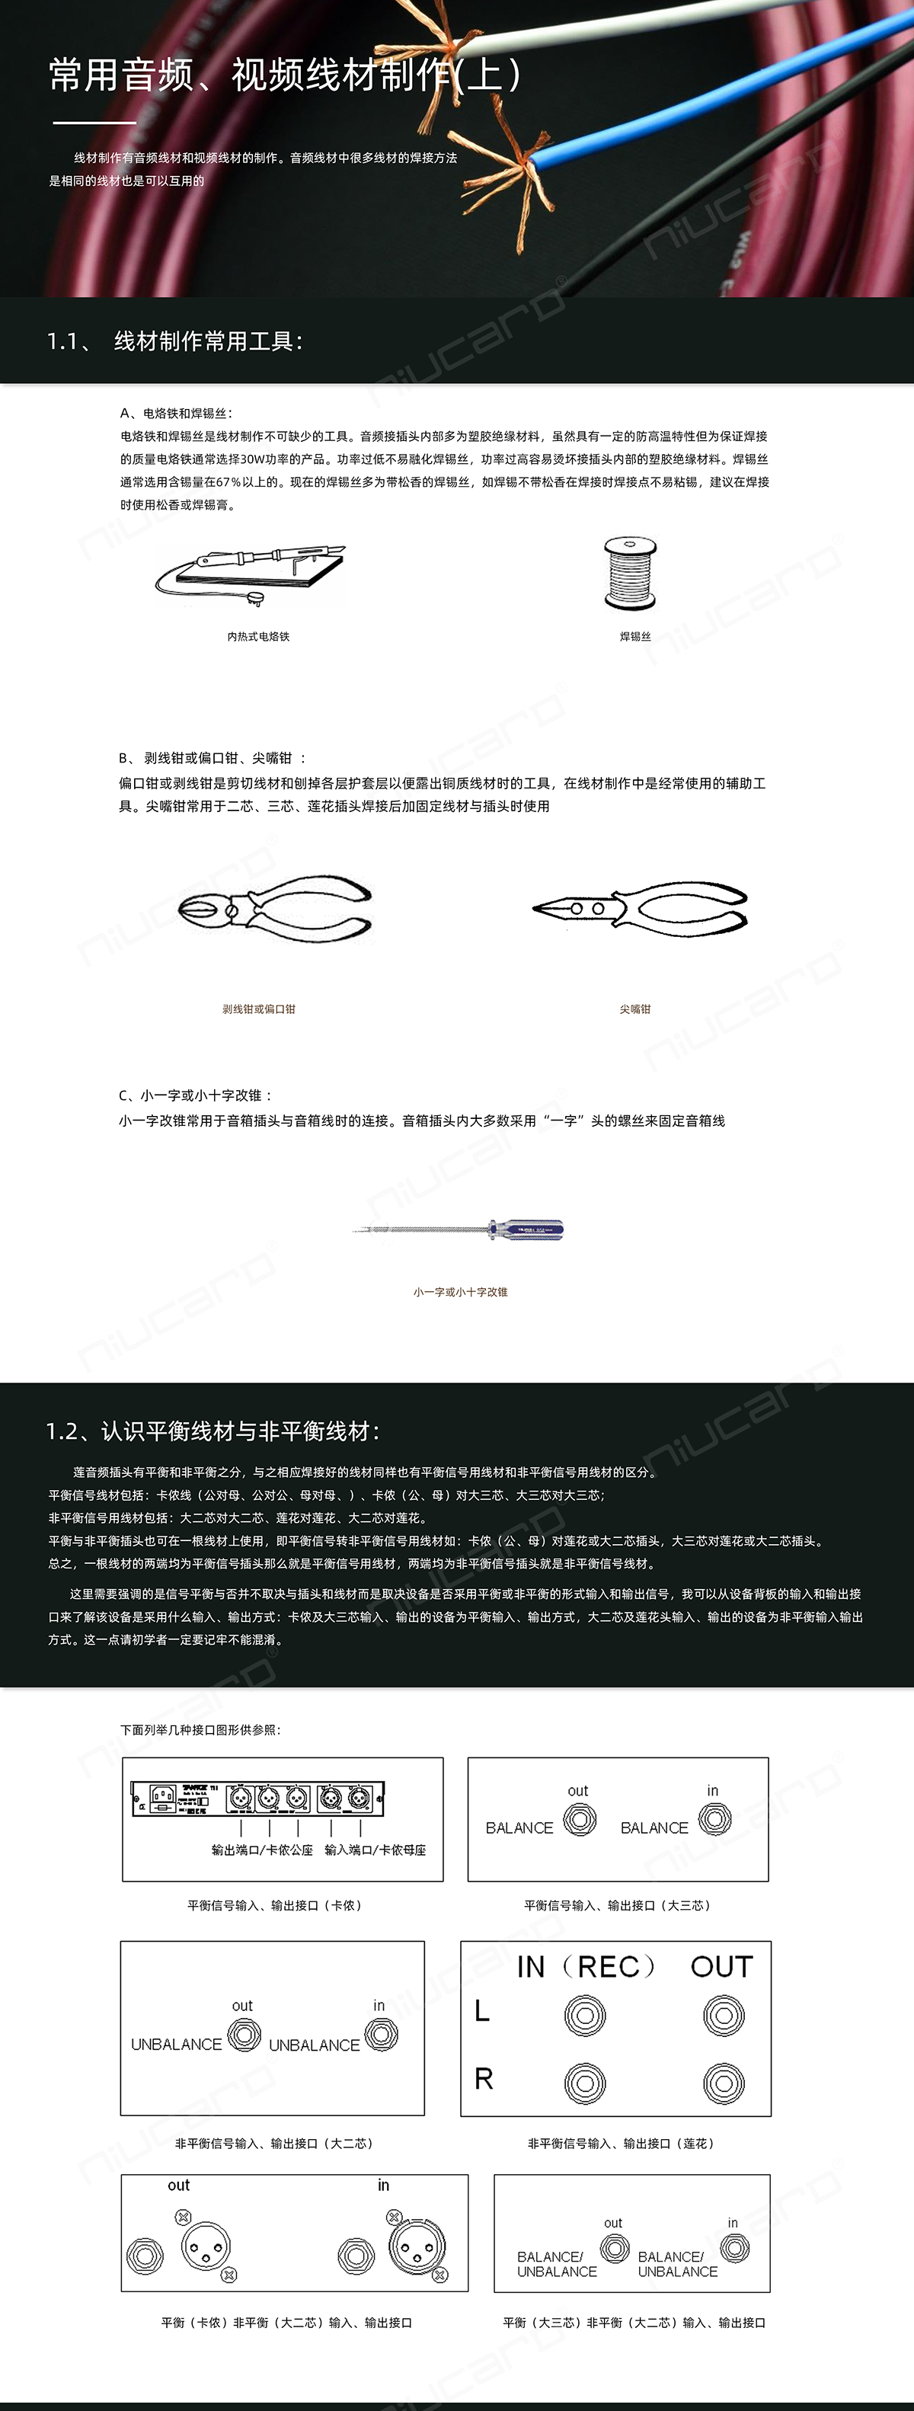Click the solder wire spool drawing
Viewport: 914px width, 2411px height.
(x=631, y=573)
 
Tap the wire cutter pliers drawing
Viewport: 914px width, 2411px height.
(x=274, y=909)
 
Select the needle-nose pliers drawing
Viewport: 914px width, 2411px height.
(x=640, y=908)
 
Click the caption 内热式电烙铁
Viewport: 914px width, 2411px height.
(x=258, y=636)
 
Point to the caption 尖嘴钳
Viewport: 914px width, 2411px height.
(x=634, y=1009)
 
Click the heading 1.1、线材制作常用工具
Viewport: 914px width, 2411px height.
(x=175, y=341)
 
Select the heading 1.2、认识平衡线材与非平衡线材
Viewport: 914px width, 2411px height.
(x=213, y=1431)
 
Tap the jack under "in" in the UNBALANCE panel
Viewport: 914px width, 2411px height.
(x=381, y=2034)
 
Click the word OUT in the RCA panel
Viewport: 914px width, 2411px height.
(x=721, y=1966)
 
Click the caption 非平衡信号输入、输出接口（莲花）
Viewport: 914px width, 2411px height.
(x=622, y=2144)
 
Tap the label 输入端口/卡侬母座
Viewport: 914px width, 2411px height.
(x=376, y=1850)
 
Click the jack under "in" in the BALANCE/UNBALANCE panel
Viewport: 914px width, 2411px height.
(x=734, y=2247)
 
